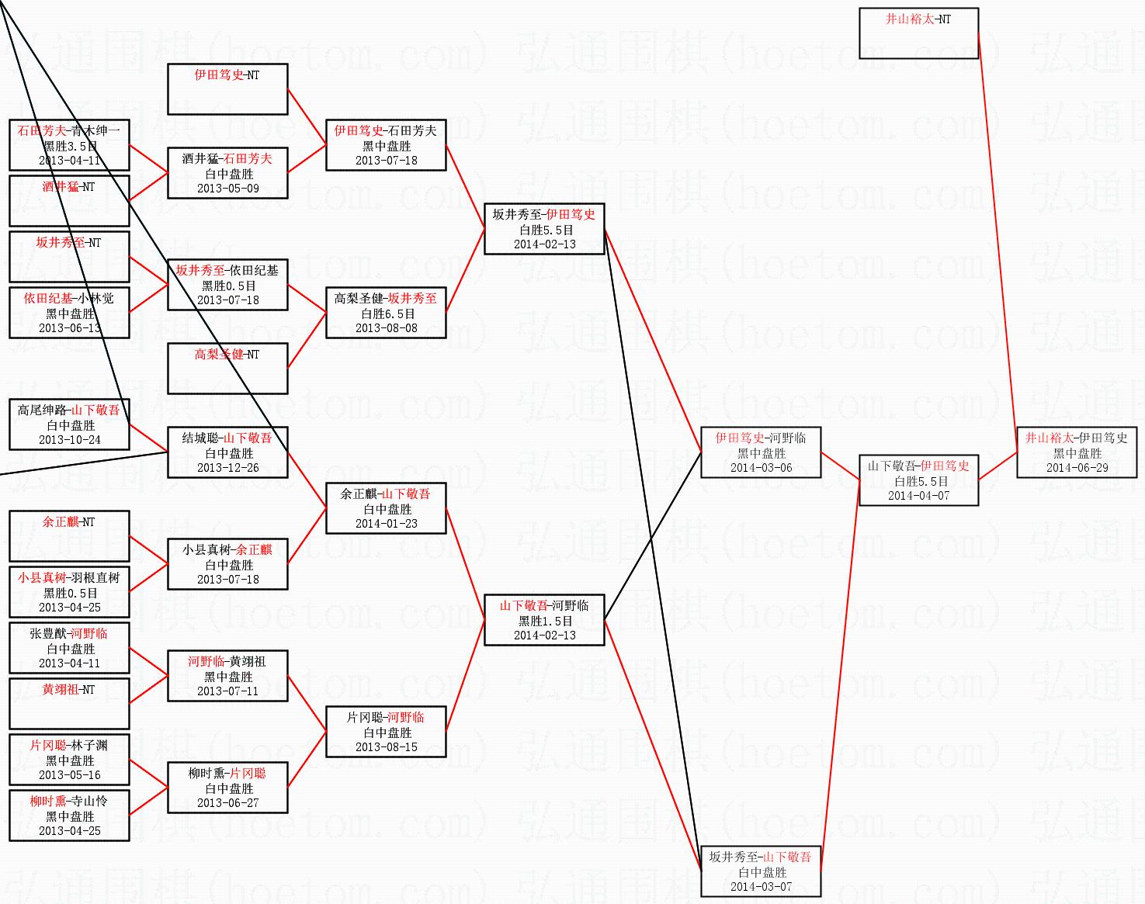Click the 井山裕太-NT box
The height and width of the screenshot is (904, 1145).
coord(918,33)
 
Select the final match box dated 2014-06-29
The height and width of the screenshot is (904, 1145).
coord(1077,452)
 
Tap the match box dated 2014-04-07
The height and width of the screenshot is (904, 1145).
coord(918,480)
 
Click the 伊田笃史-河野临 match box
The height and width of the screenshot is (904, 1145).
coord(761,452)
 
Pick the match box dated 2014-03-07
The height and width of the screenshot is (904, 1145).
coord(761,871)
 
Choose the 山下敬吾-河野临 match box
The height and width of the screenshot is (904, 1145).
coord(544,620)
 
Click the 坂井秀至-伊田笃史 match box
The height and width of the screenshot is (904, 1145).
coord(544,229)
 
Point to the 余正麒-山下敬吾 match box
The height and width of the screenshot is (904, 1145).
coord(386,508)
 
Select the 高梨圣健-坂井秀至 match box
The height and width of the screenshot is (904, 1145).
coord(386,313)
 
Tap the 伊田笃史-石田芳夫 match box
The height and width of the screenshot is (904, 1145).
coord(386,145)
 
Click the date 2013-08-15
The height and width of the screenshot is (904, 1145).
coord(386,747)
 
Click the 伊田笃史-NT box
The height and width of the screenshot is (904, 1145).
coord(227,89)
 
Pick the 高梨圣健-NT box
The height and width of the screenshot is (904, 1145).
coord(227,369)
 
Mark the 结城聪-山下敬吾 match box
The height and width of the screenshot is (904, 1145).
coord(227,452)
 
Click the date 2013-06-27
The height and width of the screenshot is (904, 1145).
coord(227,803)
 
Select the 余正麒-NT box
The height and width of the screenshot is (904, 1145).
coord(69,536)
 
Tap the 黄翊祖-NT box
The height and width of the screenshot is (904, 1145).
coord(69,704)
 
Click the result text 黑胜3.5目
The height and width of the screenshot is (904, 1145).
coord(70,146)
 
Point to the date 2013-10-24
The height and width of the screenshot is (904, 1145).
coord(70,440)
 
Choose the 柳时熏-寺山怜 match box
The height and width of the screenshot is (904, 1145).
coord(69,816)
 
